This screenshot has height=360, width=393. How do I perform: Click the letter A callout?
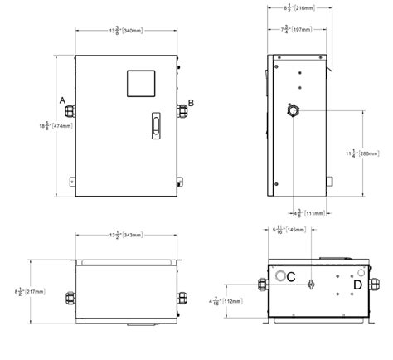62,100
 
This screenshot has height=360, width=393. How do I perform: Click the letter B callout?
192,102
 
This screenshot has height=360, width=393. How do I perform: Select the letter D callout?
357,285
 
